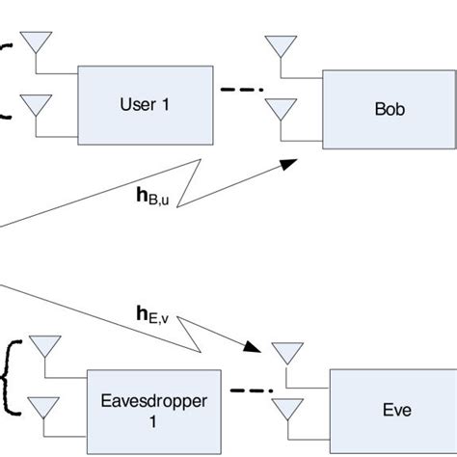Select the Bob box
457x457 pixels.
pos(384,109)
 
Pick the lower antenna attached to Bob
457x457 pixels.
pos(281,109)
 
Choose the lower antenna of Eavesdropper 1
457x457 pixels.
pos(42,406)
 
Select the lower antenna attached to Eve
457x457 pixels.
pos(284,407)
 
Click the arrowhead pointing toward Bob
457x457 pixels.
pos(288,165)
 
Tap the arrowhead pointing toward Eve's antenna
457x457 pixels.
pos(257,346)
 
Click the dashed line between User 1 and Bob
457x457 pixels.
pos(240,92)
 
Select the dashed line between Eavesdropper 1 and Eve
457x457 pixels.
pos(246,391)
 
